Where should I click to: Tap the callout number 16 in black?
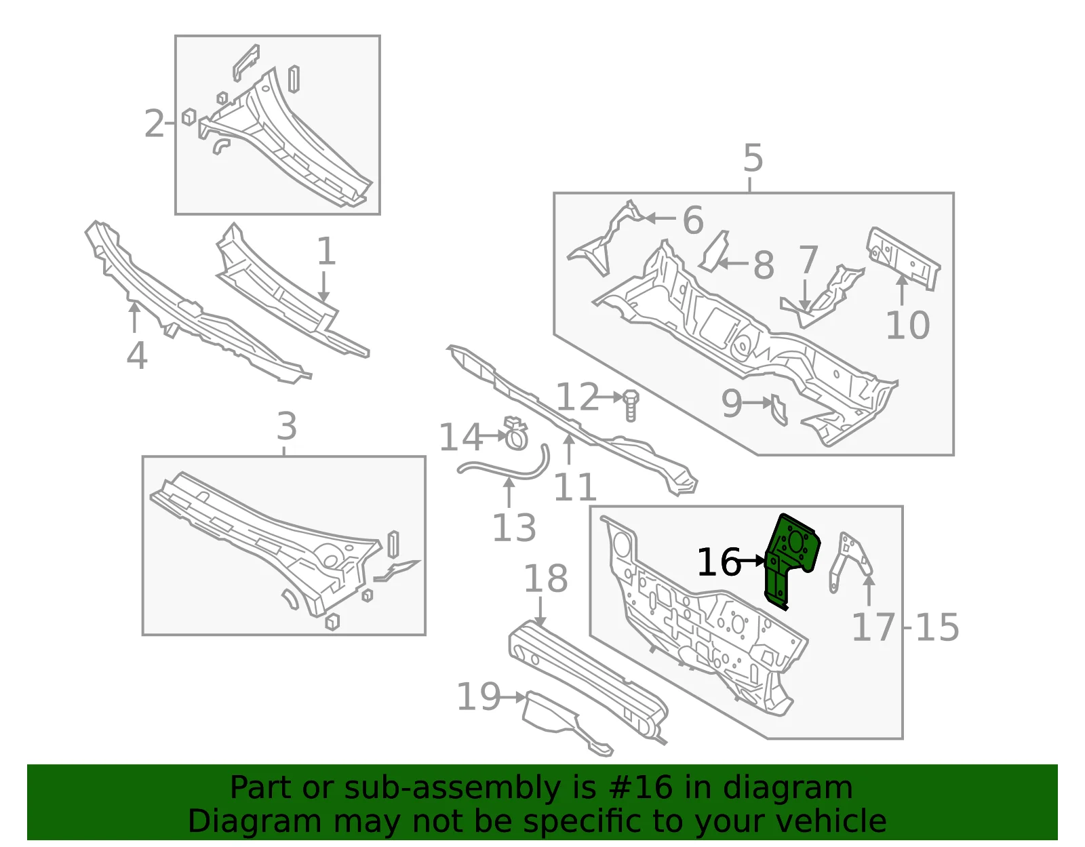point(719,562)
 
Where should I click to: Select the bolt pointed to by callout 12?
point(631,406)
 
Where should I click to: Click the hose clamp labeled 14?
point(516,433)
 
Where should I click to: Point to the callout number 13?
point(514,528)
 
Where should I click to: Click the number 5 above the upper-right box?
point(753,158)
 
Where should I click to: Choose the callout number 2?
point(154,123)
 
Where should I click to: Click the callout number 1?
point(326,251)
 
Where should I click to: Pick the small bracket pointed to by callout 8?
point(715,250)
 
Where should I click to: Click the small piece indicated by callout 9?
point(779,410)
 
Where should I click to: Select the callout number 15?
point(937,627)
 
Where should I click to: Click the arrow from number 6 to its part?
point(660,218)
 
